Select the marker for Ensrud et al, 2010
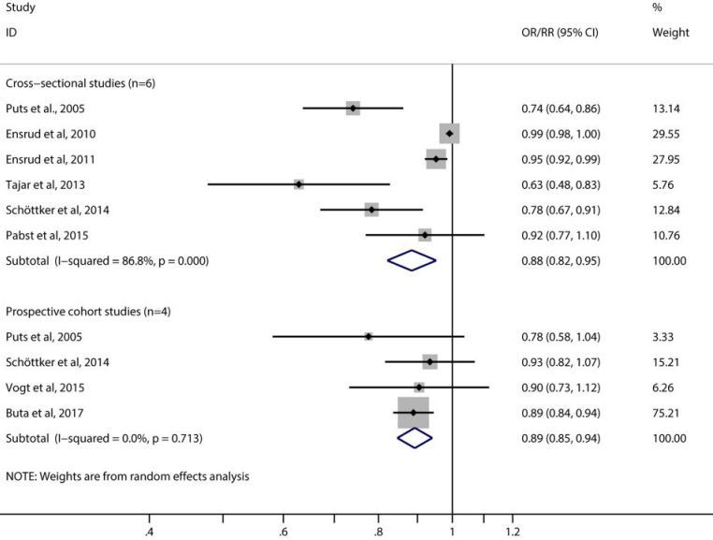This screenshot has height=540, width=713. pos(449,134)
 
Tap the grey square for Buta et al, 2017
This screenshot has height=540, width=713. pos(413,413)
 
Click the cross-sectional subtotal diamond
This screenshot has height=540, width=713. pos(412,260)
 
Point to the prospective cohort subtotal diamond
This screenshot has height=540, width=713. pos(415,438)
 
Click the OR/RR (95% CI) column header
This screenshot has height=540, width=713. pos(560,33)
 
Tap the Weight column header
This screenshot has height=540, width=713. pos(670,33)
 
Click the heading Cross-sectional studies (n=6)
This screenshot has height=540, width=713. pos(80,83)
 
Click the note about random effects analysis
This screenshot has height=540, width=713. pos(127,476)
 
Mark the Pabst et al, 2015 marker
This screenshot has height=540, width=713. pos(425,235)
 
